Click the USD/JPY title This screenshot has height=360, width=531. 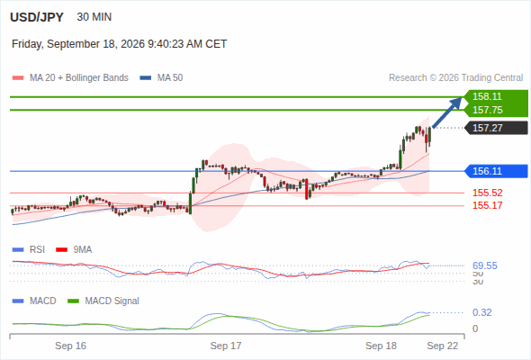tap(37, 17)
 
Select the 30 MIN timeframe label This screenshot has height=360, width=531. tap(94, 17)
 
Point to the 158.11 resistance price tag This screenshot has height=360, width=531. tap(496, 96)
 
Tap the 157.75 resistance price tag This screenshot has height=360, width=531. tap(496, 110)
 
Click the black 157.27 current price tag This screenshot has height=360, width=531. tap(496, 128)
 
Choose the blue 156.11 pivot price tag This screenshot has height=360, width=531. tap(496, 171)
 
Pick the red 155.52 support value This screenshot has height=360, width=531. tap(487, 193)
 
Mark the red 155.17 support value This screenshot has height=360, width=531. tap(487, 205)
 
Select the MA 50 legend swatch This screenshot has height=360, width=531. tap(145, 78)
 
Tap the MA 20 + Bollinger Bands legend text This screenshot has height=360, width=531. tap(79, 78)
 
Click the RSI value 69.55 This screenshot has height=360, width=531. tap(485, 265)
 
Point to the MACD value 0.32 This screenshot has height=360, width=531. tap(481, 312)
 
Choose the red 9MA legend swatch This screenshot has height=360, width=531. tap(61, 250)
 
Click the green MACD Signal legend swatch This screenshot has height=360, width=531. tap(73, 301)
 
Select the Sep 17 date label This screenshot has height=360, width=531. tap(226, 346)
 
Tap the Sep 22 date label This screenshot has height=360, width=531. tap(442, 346)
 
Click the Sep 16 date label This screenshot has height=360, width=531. tap(70, 346)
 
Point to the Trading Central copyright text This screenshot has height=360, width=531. tap(455, 78)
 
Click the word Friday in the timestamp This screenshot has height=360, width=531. tap(26, 44)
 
